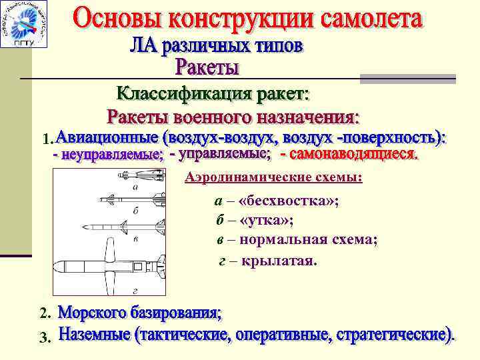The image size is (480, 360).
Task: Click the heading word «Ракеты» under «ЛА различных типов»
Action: (207, 68)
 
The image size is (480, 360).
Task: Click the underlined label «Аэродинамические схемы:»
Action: (274, 179)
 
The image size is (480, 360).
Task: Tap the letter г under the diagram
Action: (135, 291)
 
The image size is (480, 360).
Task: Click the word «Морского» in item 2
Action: (94, 312)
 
